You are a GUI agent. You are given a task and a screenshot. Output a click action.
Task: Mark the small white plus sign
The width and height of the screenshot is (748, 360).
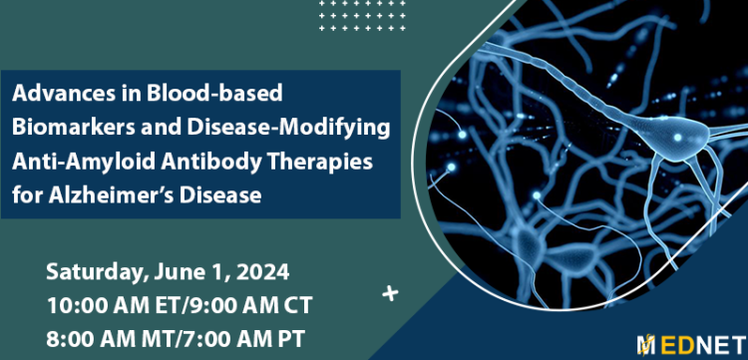389,293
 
